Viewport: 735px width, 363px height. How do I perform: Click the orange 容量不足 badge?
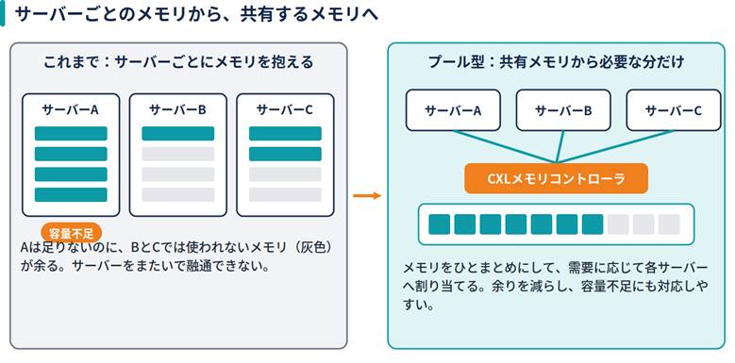pyautogui.click(x=72, y=232)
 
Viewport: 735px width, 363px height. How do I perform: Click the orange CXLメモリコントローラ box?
pyautogui.click(x=556, y=178)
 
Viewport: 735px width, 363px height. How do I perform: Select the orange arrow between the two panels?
pyautogui.click(x=367, y=195)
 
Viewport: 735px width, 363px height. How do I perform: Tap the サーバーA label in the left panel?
pyautogui.click(x=71, y=109)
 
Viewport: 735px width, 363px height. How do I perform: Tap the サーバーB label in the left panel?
pyautogui.click(x=177, y=109)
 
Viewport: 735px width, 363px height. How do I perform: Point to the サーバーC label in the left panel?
pyautogui.click(x=285, y=109)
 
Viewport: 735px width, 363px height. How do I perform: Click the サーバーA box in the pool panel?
pyautogui.click(x=453, y=110)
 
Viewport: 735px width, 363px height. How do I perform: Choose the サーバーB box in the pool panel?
pyautogui.click(x=563, y=110)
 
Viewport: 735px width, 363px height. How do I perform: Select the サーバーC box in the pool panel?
pyautogui.click(x=673, y=110)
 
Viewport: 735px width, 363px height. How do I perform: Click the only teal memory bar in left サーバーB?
pyautogui.click(x=178, y=134)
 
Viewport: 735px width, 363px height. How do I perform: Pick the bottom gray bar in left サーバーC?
pyautogui.click(x=285, y=195)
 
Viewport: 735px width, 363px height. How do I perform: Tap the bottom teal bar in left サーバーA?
pyautogui.click(x=71, y=195)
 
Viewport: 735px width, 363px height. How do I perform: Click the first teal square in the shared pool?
pyautogui.click(x=440, y=224)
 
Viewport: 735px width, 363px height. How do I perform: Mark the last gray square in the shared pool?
pyautogui.click(x=669, y=224)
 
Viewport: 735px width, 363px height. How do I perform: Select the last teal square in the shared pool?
pyautogui.click(x=593, y=224)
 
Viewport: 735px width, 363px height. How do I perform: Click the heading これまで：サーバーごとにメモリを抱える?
pyautogui.click(x=178, y=62)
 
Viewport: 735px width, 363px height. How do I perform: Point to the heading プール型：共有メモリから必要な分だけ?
pyautogui.click(x=557, y=62)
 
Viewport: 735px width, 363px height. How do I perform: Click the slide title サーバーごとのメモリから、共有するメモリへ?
pyautogui.click(x=196, y=14)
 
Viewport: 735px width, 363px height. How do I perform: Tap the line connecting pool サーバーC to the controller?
pyautogui.click(x=614, y=147)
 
